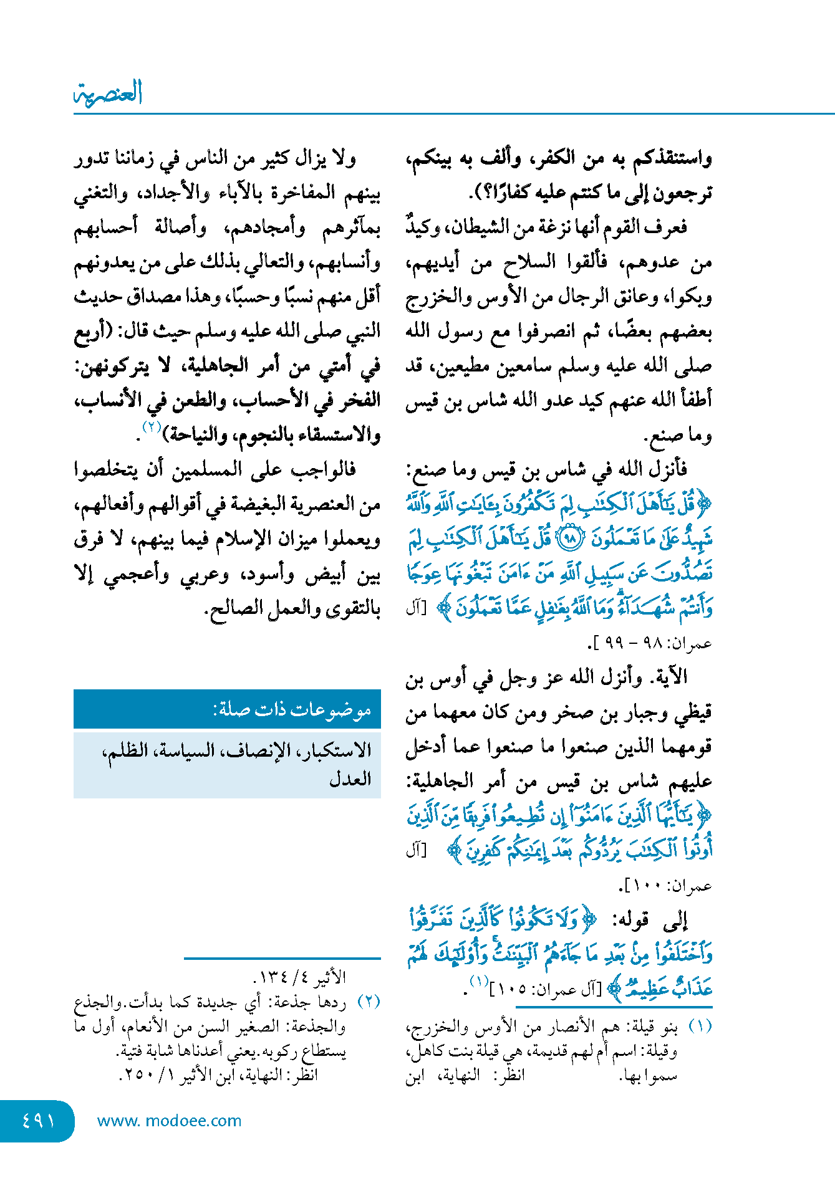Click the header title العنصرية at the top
[109, 93]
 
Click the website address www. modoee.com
[169, 1121]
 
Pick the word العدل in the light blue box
[350, 778]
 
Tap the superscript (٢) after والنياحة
[152, 428]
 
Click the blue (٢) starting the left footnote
[369, 1002]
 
